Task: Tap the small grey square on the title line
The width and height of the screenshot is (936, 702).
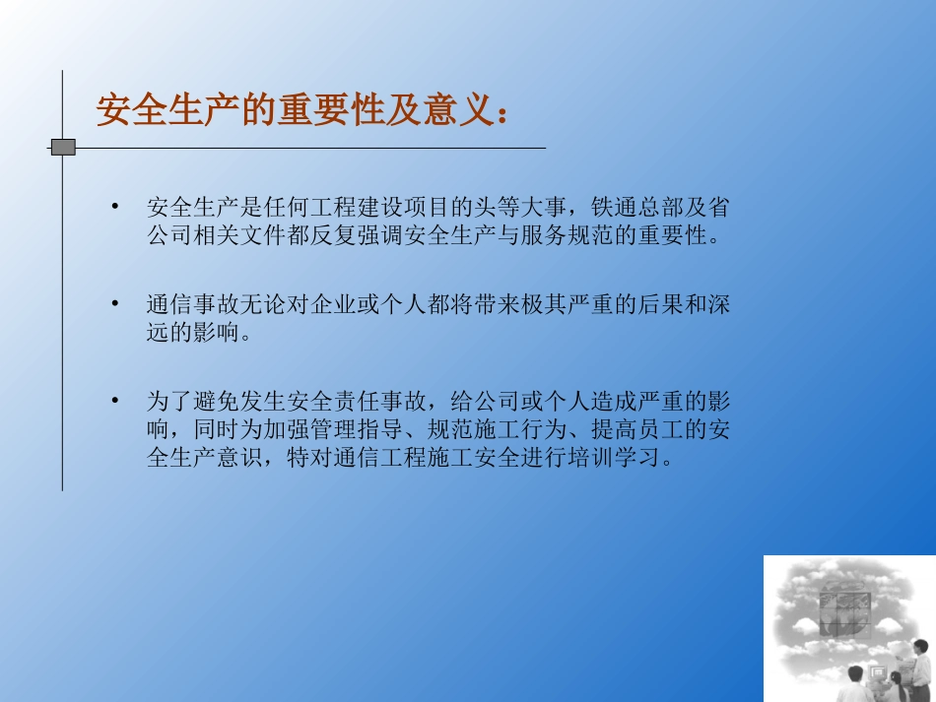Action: pos(63,148)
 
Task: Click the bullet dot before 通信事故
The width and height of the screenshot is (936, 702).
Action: pos(115,304)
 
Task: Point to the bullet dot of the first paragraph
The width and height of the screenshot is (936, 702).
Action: pos(115,207)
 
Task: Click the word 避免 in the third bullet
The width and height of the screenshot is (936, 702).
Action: pos(218,402)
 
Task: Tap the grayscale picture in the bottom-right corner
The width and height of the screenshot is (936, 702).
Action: pos(848,628)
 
